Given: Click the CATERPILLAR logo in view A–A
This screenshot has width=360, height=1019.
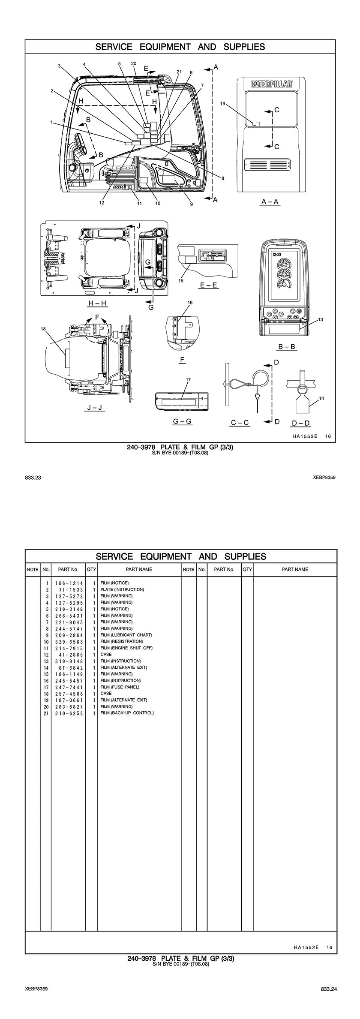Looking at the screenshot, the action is [x=272, y=84].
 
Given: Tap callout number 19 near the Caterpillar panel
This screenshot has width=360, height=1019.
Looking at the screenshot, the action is [x=223, y=103].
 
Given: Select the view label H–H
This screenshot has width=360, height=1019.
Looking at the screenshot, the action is [x=97, y=303].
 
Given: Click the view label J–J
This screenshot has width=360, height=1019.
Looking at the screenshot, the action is [x=94, y=407].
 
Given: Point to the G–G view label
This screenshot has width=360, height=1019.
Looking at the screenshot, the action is [x=182, y=421].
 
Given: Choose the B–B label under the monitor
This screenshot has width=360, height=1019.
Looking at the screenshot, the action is [x=287, y=346].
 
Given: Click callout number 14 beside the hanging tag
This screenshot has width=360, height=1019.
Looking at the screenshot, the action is [x=322, y=398].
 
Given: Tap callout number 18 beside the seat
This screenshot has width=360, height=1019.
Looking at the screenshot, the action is [x=43, y=329].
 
